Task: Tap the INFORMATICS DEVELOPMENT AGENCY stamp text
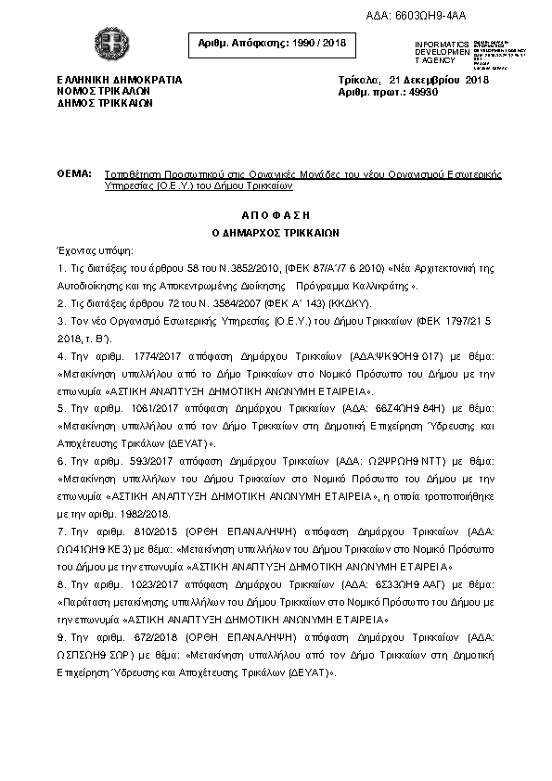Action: tap(443, 52)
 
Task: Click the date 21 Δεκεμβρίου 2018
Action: tap(439, 80)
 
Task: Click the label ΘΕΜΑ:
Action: tap(74, 174)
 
